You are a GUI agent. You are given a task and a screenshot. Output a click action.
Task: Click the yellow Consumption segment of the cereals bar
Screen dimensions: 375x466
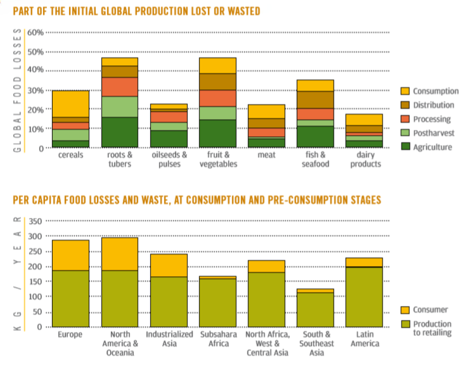point(70,103)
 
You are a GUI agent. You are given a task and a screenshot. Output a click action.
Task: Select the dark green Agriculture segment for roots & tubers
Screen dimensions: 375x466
point(120,132)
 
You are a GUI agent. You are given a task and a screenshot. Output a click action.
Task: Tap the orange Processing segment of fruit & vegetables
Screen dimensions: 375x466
point(218,98)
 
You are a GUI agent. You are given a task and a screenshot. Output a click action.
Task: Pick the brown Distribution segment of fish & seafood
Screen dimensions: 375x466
point(315,99)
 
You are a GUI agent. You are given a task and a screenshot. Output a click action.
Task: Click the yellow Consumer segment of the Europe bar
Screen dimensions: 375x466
point(70,255)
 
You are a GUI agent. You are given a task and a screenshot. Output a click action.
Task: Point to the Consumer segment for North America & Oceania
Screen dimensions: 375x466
point(120,253)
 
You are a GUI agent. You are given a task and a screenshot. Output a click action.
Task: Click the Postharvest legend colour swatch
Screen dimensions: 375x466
point(405,133)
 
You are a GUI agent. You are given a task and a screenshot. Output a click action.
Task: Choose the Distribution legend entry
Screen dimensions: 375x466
point(434,105)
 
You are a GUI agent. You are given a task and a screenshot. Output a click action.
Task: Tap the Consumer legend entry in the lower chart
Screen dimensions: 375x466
point(430,310)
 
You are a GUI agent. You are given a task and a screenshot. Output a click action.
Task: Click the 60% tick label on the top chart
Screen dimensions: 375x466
point(35,32)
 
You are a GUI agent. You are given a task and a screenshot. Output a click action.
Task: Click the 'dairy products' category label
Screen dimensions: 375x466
point(365,160)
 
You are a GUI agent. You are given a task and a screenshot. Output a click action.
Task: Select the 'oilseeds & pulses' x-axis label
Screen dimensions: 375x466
point(169,160)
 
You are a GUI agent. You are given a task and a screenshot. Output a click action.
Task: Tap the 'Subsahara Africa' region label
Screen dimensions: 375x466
point(217,339)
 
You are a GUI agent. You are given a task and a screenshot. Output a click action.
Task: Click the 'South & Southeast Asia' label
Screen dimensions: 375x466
point(315,343)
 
